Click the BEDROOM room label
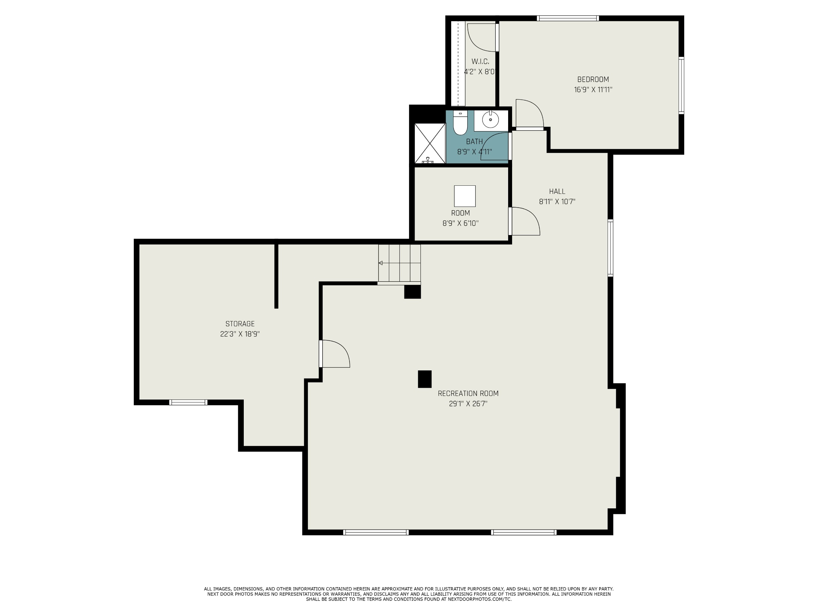point(593,79)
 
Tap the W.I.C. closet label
point(480,62)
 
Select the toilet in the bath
point(460,123)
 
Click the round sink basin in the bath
point(490,120)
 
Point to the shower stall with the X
point(430,144)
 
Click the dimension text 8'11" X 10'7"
point(557,202)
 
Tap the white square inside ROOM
point(465,196)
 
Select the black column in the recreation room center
point(424,379)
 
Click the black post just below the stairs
point(412,292)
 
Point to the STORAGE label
point(240,324)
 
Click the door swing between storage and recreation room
point(335,354)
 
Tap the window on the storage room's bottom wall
point(188,402)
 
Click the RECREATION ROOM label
point(468,394)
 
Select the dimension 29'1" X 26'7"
point(468,404)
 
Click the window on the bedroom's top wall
point(568,18)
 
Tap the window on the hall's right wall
point(611,248)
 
